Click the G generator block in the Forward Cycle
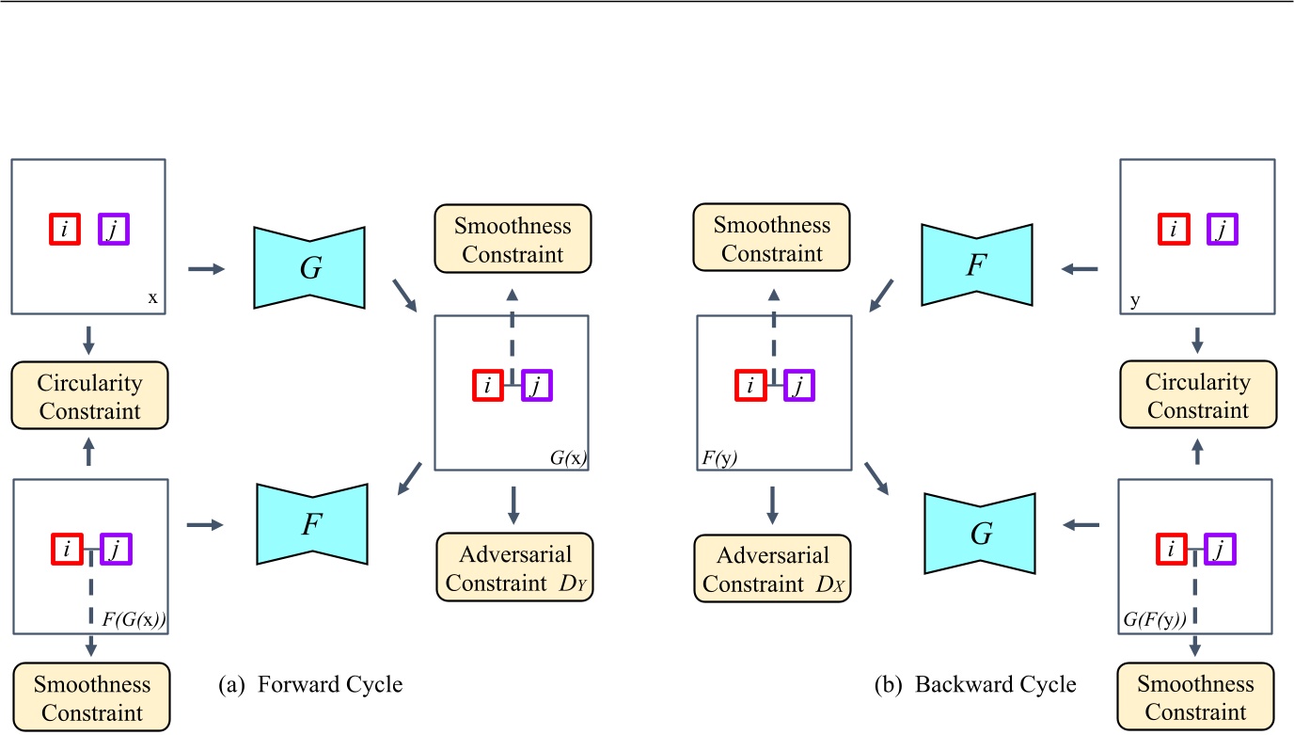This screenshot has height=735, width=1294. (309, 267)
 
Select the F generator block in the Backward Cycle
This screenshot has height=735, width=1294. (977, 264)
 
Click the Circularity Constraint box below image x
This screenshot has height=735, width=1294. (89, 396)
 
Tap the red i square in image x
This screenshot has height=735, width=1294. (64, 229)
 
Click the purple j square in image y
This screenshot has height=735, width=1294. (1221, 229)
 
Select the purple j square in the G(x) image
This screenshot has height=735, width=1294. (535, 385)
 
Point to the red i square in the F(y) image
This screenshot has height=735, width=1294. (750, 385)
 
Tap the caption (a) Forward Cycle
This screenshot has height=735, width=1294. (309, 684)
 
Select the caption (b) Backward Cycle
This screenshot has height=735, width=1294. (974, 684)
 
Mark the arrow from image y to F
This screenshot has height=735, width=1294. (1079, 269)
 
